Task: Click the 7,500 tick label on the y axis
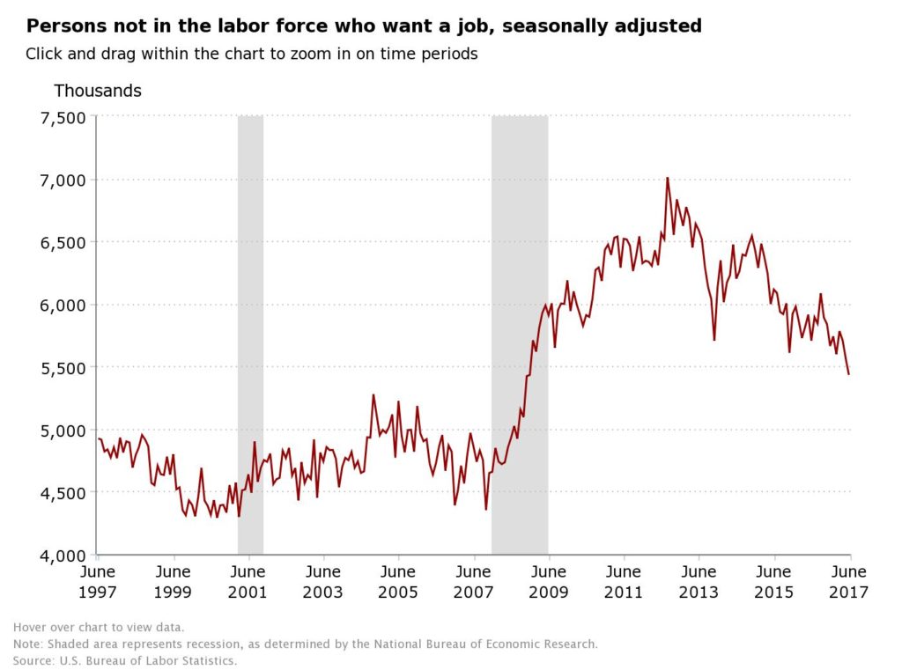[x=63, y=118]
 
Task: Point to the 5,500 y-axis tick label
[x=63, y=368]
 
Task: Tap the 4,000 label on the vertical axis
[x=63, y=556]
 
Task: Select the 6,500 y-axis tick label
[x=63, y=243]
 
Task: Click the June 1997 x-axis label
[x=98, y=581]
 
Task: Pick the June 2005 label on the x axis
[x=398, y=581]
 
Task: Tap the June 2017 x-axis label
[x=848, y=581]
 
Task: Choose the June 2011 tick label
[x=624, y=581]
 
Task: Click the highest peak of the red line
[x=668, y=178]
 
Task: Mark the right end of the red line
[x=848, y=374]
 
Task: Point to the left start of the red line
[x=99, y=438]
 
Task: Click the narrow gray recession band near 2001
[x=251, y=335]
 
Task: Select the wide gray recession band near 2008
[x=520, y=335]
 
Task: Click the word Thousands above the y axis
[x=98, y=91]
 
